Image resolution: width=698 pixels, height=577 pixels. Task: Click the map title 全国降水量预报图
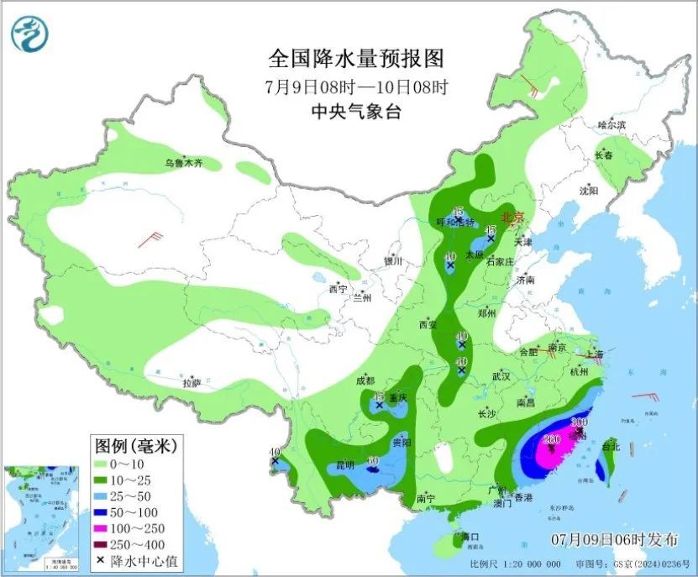pyautogui.click(x=355, y=60)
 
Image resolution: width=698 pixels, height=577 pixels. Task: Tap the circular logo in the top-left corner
pyautogui.click(x=30, y=34)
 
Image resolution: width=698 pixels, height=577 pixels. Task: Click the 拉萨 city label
pyautogui.click(x=192, y=383)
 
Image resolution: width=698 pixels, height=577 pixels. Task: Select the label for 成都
pyautogui.click(x=365, y=380)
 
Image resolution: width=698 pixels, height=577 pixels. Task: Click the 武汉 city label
pyautogui.click(x=501, y=375)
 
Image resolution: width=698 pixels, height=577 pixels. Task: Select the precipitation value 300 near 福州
pyautogui.click(x=579, y=422)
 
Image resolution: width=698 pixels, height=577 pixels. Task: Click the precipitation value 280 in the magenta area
pyautogui.click(x=552, y=438)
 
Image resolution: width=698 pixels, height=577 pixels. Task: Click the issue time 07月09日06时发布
pyautogui.click(x=614, y=538)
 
